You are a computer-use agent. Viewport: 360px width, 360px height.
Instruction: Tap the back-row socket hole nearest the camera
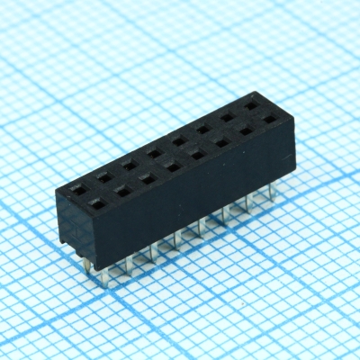[x=77, y=190]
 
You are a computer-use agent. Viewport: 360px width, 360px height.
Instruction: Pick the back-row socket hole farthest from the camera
[x=250, y=105]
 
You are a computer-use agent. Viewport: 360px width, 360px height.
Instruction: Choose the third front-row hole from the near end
[x=146, y=178]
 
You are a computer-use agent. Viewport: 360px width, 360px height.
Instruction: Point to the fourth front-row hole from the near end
[x=171, y=166]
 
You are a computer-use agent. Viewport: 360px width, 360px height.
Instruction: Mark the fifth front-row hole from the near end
[x=196, y=154]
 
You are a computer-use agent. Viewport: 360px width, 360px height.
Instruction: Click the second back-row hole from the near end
[x=103, y=176]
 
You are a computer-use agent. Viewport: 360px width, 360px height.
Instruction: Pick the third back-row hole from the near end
[x=129, y=164]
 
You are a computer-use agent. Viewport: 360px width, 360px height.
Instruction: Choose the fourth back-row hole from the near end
[x=154, y=152]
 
